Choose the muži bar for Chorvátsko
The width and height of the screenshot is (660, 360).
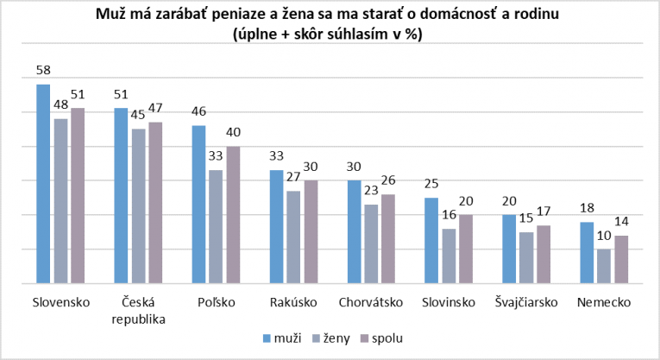[x=354, y=231]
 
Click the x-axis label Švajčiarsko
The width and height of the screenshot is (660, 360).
[x=525, y=302]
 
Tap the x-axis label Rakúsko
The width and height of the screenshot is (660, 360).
[x=293, y=302]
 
